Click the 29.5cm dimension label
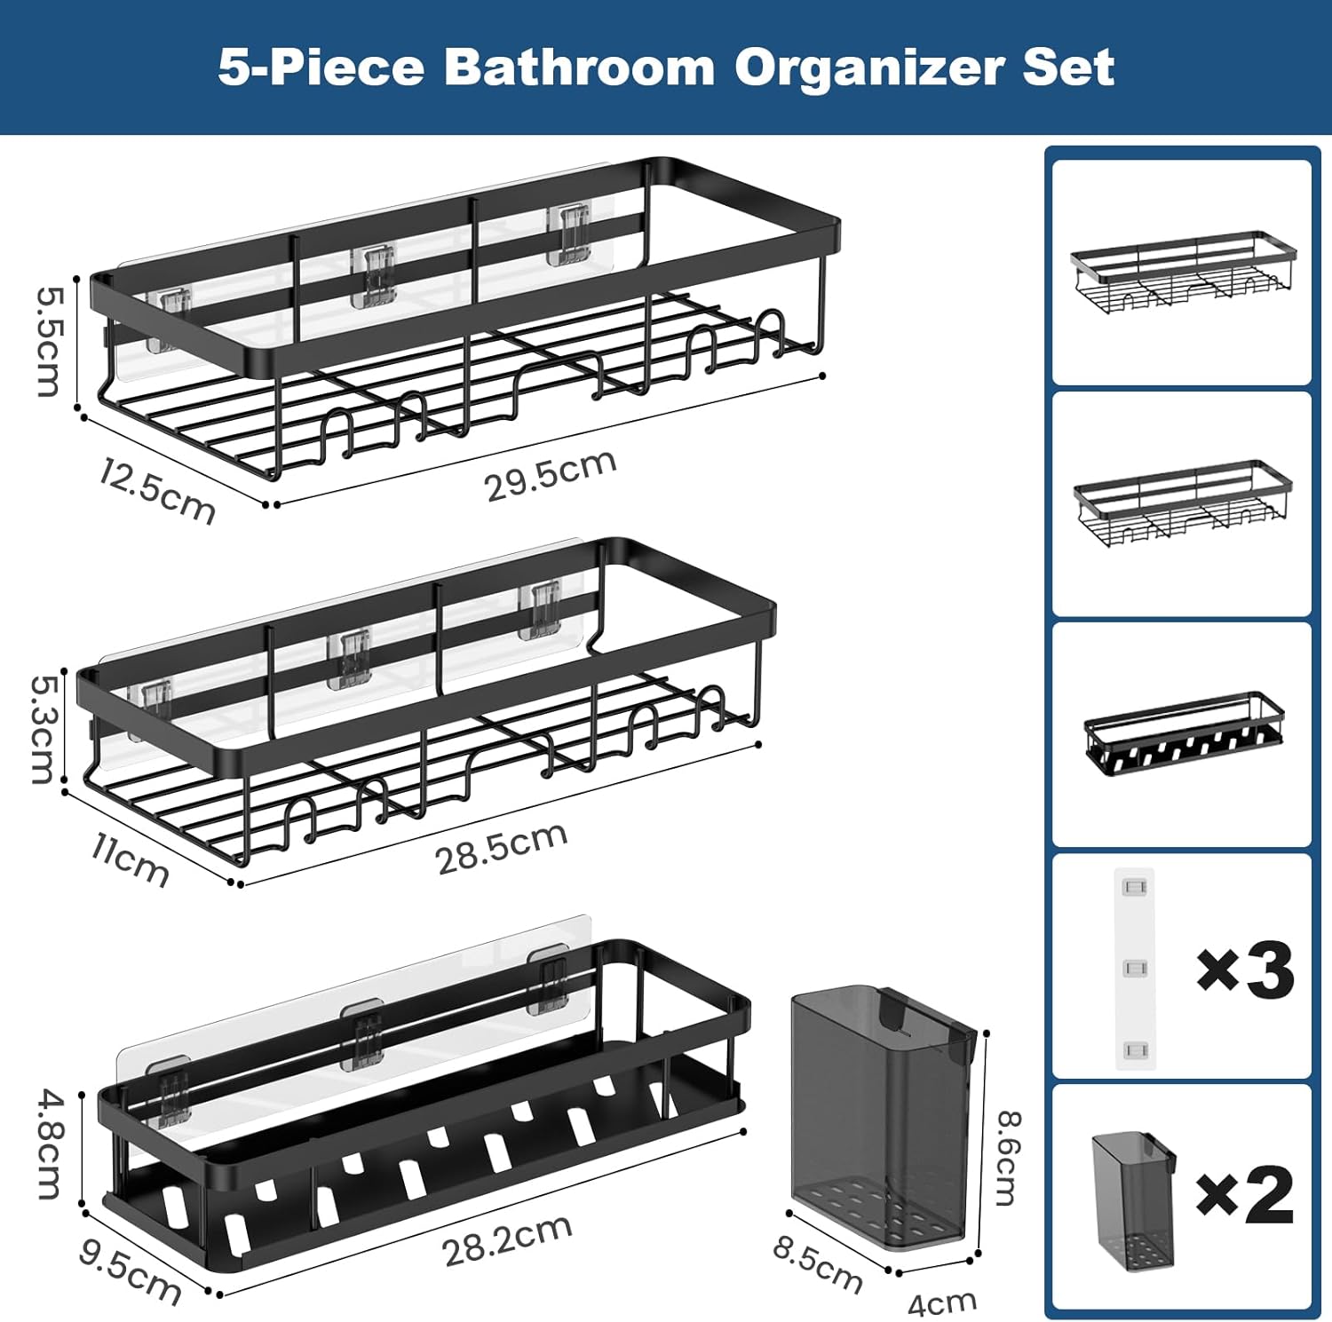551,476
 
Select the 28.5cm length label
502,848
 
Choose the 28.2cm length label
507,1240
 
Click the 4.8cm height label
50,1144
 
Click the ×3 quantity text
1245,970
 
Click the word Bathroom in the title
579,67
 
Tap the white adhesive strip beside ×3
1135,969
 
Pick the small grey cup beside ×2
1133,1199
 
